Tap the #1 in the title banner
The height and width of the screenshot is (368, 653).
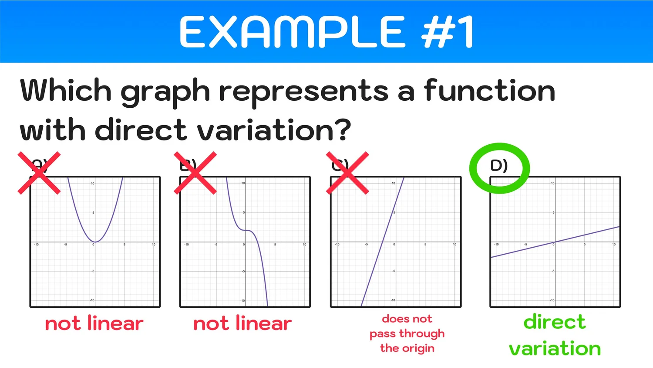(x=448, y=32)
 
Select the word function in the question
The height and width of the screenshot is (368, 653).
(x=489, y=90)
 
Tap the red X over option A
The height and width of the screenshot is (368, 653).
(x=39, y=173)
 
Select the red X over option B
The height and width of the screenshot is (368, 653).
(x=195, y=173)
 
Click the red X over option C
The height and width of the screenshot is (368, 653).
(x=347, y=173)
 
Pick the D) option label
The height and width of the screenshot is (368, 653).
(x=499, y=166)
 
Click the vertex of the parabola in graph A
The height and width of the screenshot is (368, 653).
(x=95, y=242)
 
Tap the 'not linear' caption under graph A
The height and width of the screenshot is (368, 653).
(x=94, y=324)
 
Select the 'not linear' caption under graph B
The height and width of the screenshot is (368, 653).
(x=242, y=324)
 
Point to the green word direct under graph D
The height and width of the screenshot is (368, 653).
(x=555, y=322)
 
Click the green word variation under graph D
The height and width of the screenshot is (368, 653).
(x=555, y=348)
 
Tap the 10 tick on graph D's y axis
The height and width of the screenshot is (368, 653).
(x=552, y=183)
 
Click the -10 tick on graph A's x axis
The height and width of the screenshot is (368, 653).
(x=37, y=245)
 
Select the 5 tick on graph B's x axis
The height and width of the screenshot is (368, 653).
(x=275, y=245)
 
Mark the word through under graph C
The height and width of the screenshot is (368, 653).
(x=422, y=334)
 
